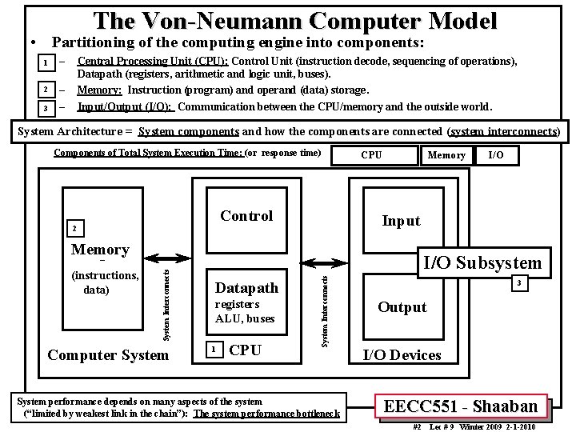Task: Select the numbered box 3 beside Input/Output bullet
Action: point(48,107)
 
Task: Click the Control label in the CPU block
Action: point(246,216)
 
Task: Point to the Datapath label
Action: point(247,287)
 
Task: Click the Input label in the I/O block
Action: point(401,221)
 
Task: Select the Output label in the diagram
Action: point(402,307)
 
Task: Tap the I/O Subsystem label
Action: point(482,262)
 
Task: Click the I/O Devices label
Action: point(402,355)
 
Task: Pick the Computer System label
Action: point(109,354)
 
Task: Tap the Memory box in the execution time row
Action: point(446,155)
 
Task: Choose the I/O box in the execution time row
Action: point(496,155)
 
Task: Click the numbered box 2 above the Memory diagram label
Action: point(74,230)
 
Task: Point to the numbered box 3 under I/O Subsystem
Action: point(518,282)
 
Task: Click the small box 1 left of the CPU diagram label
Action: point(212,350)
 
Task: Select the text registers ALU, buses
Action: point(245,311)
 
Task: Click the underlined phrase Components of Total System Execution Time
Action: point(147,153)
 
